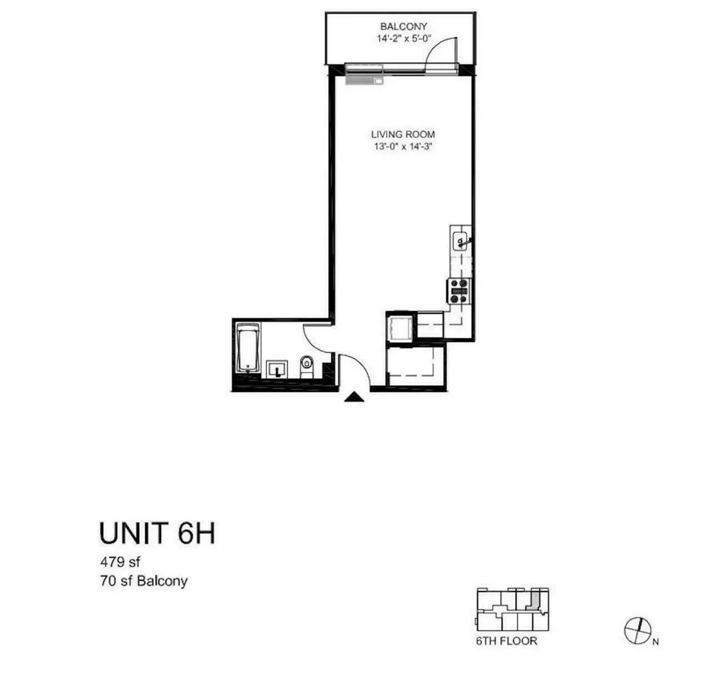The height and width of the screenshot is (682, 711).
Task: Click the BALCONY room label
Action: pyautogui.click(x=403, y=27)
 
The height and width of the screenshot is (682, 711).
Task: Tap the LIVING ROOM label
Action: pyautogui.click(x=403, y=135)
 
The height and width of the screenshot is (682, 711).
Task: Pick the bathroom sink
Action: pyautogui.click(x=277, y=369)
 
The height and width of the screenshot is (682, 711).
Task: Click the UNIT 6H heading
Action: pyautogui.click(x=157, y=533)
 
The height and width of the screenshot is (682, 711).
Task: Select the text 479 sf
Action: pyautogui.click(x=120, y=561)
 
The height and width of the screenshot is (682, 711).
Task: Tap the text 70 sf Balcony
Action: pyautogui.click(x=144, y=581)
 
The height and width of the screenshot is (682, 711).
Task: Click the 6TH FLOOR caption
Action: pyautogui.click(x=507, y=641)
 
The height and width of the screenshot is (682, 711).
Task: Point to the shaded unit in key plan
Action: pyautogui.click(x=534, y=600)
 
